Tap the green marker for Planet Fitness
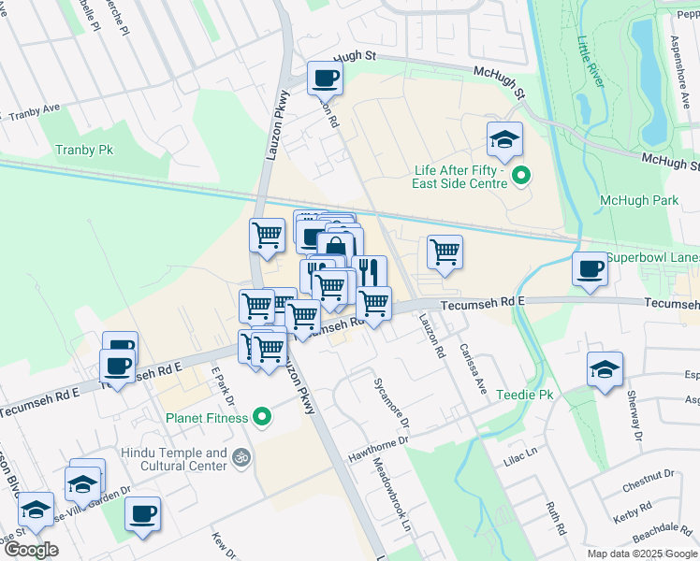263,417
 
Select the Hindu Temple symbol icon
241,458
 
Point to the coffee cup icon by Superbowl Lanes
590,269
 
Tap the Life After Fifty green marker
522,175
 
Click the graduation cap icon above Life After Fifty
504,140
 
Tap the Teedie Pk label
525,396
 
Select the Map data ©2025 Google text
641,554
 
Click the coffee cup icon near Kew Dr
142,513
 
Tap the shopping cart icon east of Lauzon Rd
445,252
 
